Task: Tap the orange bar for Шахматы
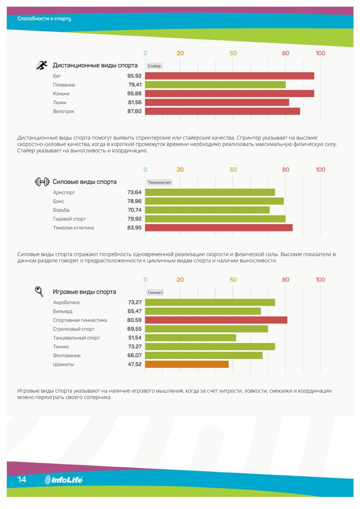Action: click(186, 364)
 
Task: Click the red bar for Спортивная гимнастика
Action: click(216, 320)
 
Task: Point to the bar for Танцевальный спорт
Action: click(190, 338)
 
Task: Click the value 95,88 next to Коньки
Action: click(134, 94)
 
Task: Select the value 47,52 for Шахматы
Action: click(134, 364)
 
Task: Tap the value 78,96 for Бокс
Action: click(134, 201)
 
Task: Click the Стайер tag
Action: click(154, 66)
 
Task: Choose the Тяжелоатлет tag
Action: click(159, 182)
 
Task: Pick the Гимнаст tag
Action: click(155, 293)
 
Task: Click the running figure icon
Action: click(41, 65)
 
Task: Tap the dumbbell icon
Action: click(42, 182)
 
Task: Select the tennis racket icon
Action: click(39, 291)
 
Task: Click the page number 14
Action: click(21, 480)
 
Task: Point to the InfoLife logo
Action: click(64, 480)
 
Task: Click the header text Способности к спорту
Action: click(44, 18)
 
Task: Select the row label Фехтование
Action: click(67, 356)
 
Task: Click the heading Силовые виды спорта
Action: click(85, 182)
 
